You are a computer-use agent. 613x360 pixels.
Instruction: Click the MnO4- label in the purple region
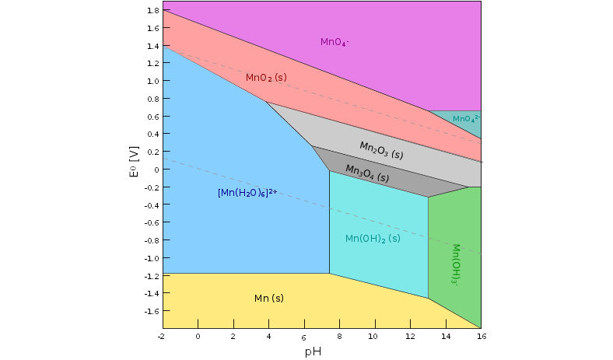335,42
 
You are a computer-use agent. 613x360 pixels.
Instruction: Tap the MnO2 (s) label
266,78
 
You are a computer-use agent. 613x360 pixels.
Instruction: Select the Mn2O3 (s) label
381,149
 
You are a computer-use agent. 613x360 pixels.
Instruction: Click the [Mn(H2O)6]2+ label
247,192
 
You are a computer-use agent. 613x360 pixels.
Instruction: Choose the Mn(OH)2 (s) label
373,239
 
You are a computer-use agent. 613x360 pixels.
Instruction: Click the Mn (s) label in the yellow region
268,299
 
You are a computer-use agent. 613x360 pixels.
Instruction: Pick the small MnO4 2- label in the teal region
466,119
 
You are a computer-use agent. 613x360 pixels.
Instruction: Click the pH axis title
312,351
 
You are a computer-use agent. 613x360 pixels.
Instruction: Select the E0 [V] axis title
134,162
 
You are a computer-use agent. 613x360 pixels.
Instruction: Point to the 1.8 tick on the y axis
152,11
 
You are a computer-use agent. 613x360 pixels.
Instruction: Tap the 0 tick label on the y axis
156,170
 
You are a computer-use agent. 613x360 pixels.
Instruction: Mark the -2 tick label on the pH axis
161,336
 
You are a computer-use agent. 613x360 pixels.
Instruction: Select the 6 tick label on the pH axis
303,337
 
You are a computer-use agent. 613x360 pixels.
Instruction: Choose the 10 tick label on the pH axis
373,336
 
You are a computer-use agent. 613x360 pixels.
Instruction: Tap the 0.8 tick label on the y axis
152,99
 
